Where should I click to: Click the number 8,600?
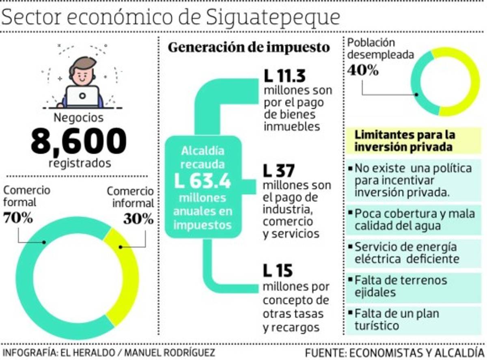(x=78, y=141)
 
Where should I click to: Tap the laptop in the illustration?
(x=82, y=96)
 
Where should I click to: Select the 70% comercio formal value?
(x=18, y=218)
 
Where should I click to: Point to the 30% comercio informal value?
(x=138, y=219)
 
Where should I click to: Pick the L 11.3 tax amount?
(x=284, y=76)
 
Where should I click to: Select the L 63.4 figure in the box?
(x=203, y=181)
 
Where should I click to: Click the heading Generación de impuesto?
(x=248, y=47)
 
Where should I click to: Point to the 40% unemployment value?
(x=362, y=70)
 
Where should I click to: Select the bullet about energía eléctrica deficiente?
(x=406, y=252)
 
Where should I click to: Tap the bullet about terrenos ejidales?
(x=400, y=286)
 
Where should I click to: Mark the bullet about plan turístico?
(x=396, y=319)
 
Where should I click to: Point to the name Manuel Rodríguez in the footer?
(x=169, y=351)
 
